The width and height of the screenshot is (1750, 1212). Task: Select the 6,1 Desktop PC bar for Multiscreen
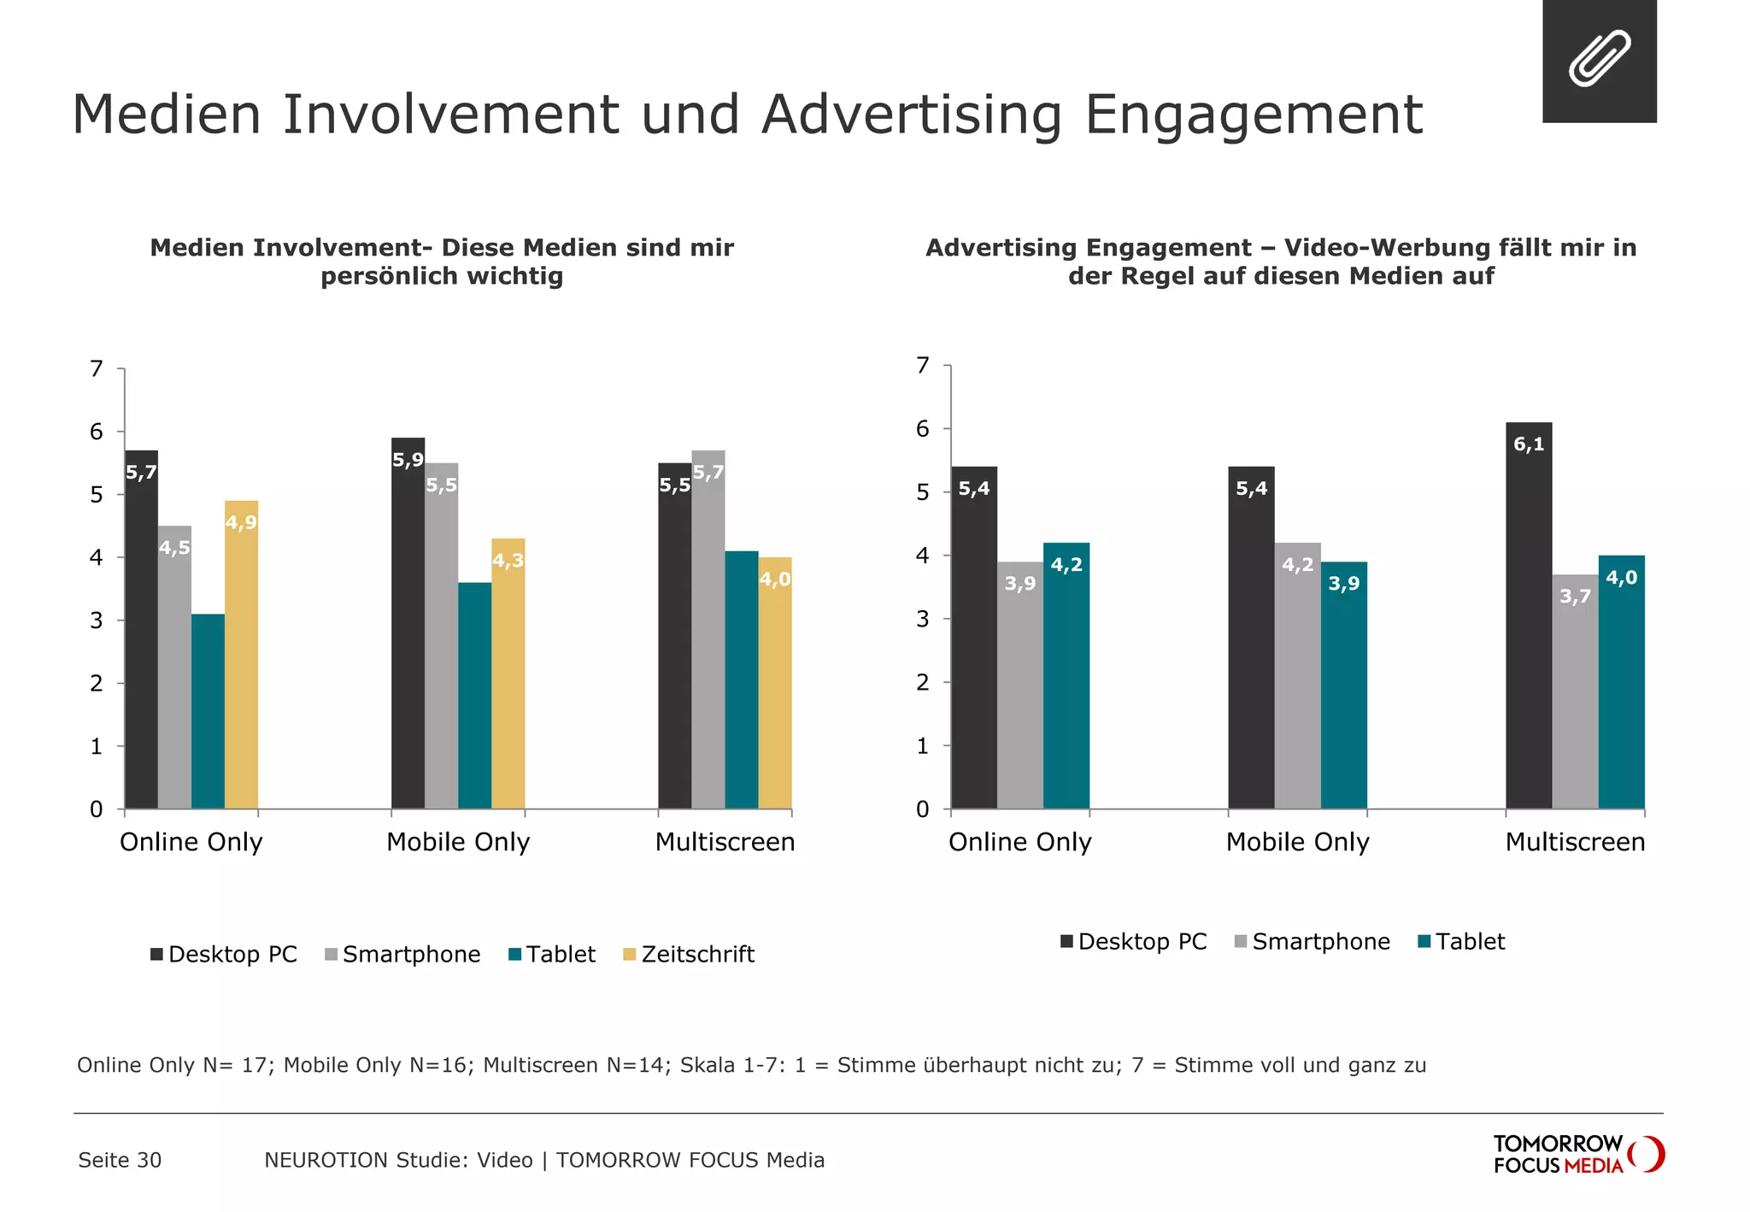1529,615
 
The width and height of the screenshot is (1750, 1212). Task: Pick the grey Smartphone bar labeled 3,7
1575,691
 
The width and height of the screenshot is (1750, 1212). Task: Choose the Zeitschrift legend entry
689,954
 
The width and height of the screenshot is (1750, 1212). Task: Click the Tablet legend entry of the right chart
1461,941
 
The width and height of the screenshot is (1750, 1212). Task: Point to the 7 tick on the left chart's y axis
97,369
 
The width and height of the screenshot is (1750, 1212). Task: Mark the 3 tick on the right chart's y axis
922,619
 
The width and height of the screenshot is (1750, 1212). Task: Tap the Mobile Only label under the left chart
458,842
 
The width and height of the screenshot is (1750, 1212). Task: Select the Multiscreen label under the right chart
1575,842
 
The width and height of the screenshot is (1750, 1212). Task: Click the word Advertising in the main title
912,115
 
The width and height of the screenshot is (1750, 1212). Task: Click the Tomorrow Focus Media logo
1577,1154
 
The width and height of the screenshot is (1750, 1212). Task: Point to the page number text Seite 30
120,1160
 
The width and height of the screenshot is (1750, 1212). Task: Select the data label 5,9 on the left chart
408,460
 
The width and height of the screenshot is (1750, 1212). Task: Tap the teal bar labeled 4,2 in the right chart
1066,675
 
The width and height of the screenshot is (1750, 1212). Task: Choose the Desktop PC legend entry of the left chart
224,954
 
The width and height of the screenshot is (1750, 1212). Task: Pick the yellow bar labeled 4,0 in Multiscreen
775,684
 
